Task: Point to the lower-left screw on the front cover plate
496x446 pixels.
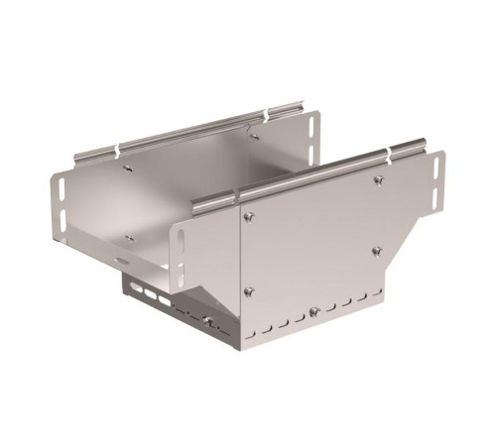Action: click(248, 289)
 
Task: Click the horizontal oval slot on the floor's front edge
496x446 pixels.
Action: click(121, 260)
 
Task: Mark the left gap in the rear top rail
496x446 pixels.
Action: click(119, 149)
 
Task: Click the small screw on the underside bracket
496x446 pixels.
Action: click(207, 319)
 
